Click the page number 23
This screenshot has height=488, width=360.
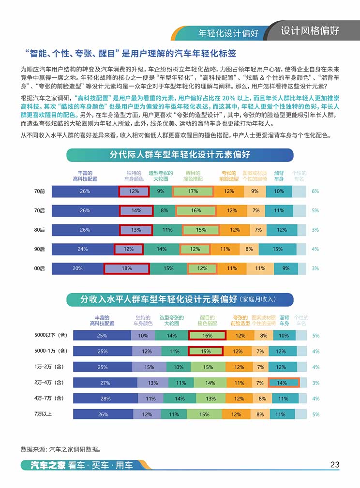[334, 464]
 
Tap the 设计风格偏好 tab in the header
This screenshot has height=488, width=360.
[310, 31]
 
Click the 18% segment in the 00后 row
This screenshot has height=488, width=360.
[127, 268]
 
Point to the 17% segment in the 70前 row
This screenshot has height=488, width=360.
[193, 192]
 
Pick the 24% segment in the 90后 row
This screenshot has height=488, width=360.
[83, 249]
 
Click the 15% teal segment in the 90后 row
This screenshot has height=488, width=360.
[277, 249]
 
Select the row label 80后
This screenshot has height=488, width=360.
[39, 230]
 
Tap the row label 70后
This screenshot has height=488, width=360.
[39, 210]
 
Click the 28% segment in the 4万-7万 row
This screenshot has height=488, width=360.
[102, 399]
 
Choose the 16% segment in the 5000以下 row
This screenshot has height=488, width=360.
[207, 335]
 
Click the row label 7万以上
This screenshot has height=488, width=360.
[43, 414]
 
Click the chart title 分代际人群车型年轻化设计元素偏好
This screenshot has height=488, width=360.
[180, 155]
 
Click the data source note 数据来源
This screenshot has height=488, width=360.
[60, 449]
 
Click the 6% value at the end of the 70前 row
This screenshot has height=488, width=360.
[315, 192]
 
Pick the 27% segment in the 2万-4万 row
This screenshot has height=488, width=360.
[105, 383]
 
